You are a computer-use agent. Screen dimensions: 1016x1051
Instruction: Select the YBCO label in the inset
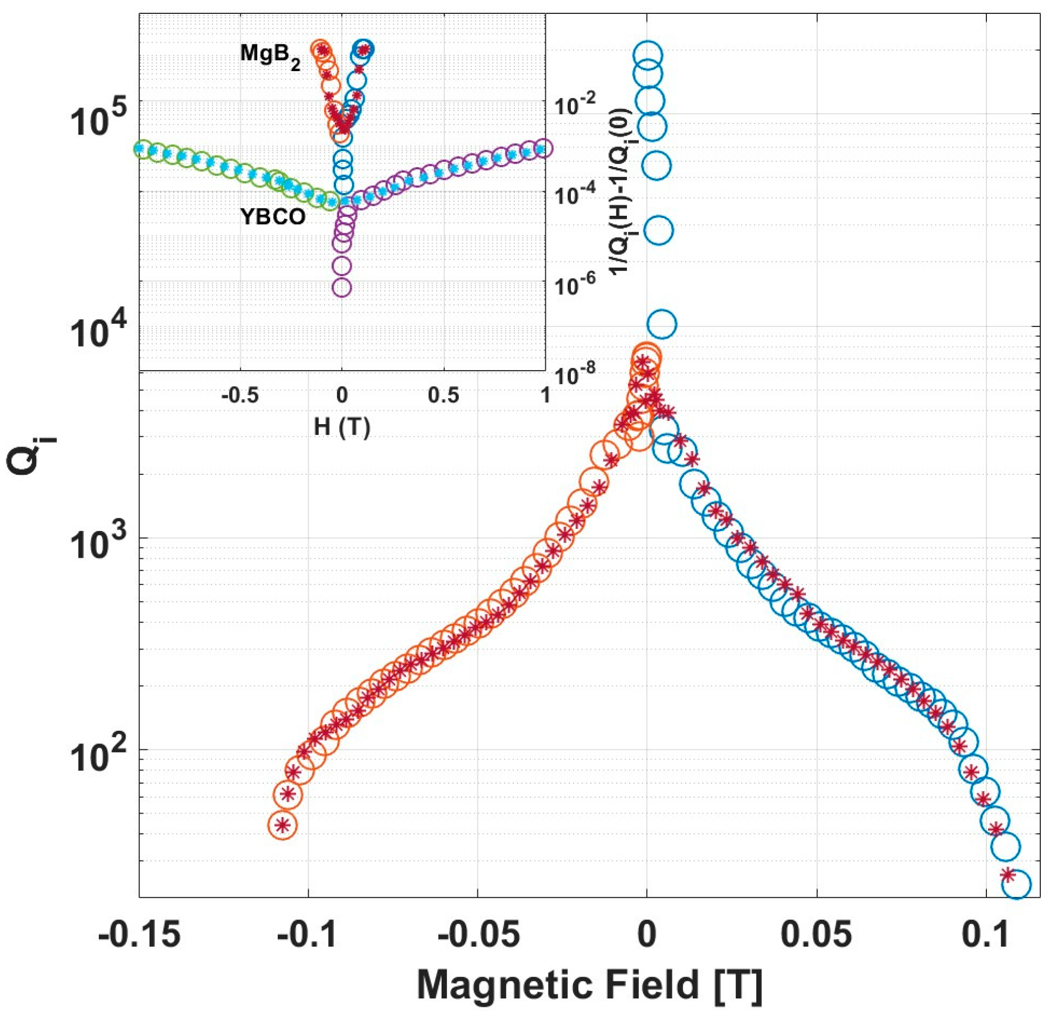272,217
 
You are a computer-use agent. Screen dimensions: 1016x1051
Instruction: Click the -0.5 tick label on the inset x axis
240,396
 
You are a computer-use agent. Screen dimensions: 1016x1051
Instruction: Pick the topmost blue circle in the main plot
648,54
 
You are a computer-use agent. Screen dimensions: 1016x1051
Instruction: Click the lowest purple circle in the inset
342,287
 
